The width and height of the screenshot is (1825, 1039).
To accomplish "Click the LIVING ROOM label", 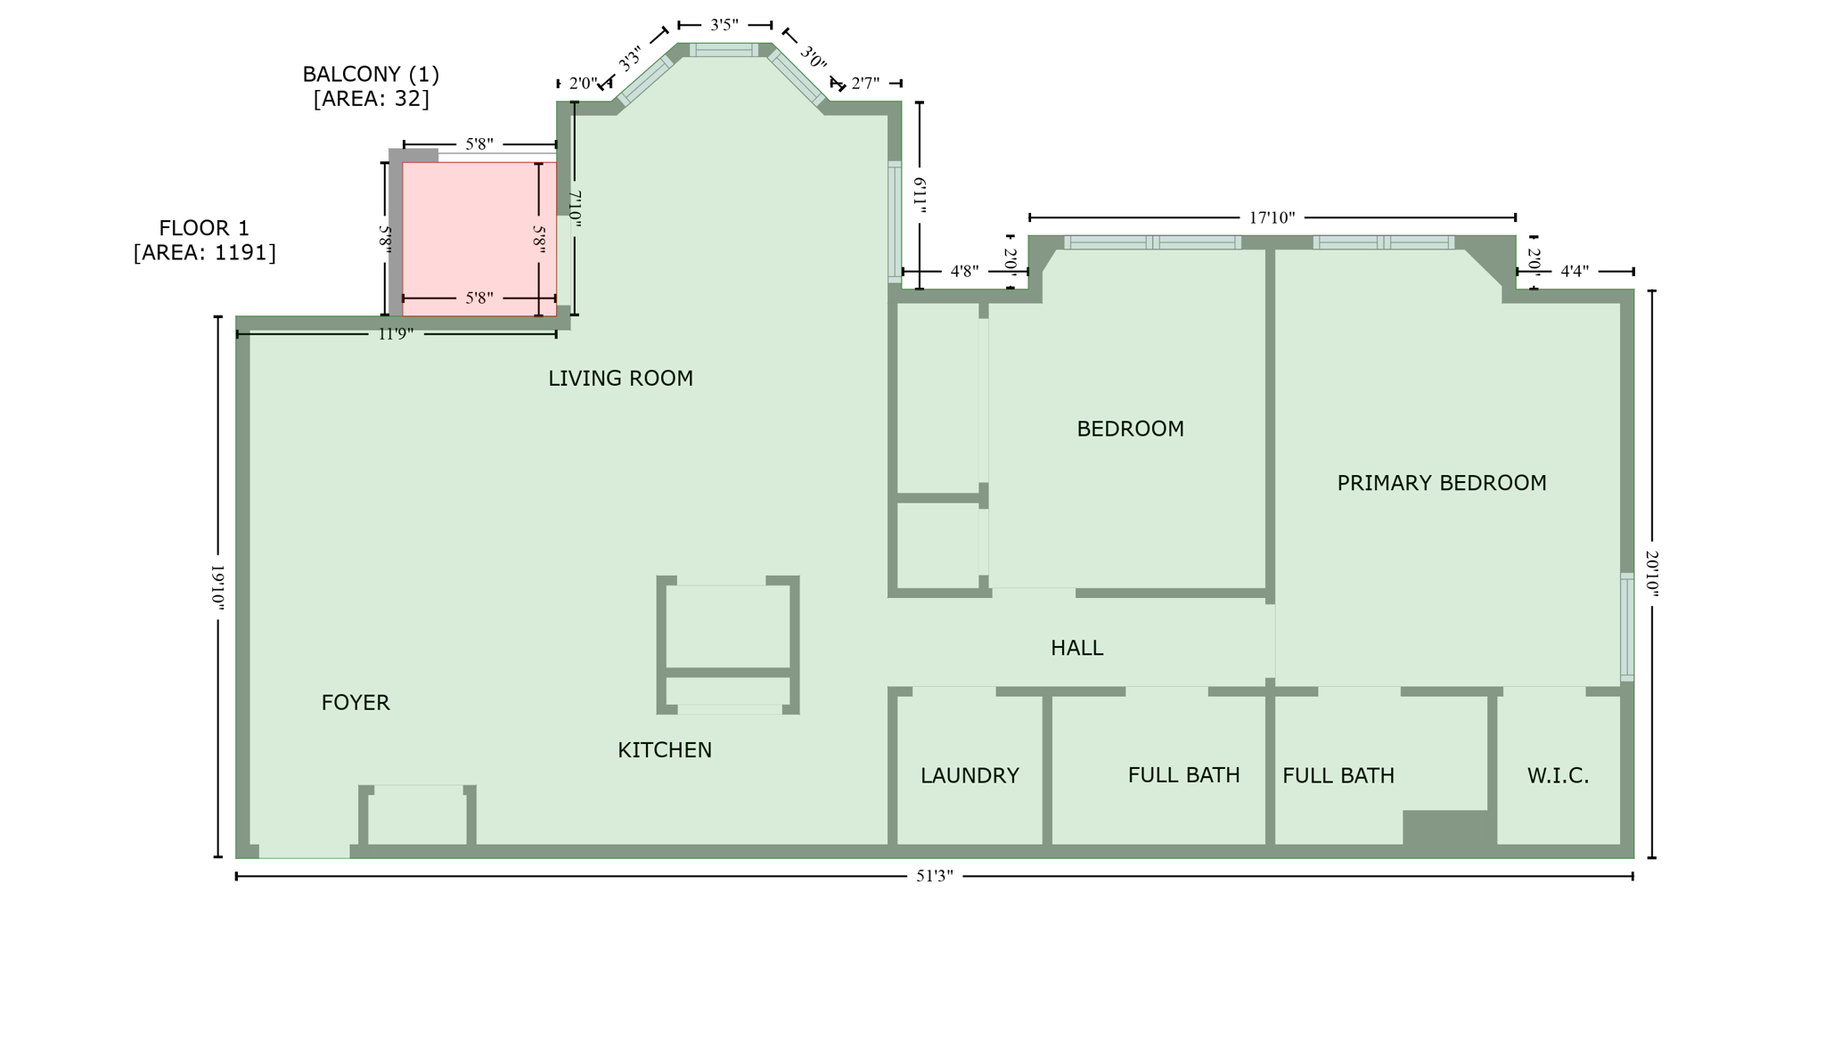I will tap(620, 379).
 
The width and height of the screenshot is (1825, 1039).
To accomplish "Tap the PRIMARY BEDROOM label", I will tap(1441, 483).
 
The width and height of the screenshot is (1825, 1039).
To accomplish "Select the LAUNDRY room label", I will tap(970, 776).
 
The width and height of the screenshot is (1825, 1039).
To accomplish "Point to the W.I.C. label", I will tap(1558, 776).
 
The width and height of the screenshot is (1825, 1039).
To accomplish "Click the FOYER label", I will tap(356, 703).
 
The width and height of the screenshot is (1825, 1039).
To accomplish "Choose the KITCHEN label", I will tap(665, 750).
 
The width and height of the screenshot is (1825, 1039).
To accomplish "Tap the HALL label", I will tap(1076, 649).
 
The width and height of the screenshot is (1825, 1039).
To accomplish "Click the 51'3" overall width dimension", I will tap(935, 876).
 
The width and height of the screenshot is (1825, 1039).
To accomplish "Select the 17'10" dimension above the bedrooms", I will tap(1272, 217).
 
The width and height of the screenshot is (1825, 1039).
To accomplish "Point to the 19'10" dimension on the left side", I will tap(217, 586).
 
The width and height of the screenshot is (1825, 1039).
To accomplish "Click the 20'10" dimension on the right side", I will tap(1651, 574).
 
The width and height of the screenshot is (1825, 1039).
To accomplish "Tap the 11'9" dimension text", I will tap(397, 334).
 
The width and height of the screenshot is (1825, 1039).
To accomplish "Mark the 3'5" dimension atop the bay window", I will tap(724, 25).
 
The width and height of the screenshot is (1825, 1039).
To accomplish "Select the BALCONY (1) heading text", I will tap(371, 74).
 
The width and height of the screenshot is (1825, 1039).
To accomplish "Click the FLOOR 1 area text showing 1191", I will tap(205, 253).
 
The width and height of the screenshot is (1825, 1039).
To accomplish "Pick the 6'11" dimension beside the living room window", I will tap(920, 195).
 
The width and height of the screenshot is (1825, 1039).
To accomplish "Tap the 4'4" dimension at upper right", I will tap(1575, 272).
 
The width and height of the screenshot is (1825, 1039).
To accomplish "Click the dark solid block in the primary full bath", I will tap(1448, 828).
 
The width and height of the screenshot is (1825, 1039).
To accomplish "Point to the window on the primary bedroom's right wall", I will tap(1626, 627).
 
